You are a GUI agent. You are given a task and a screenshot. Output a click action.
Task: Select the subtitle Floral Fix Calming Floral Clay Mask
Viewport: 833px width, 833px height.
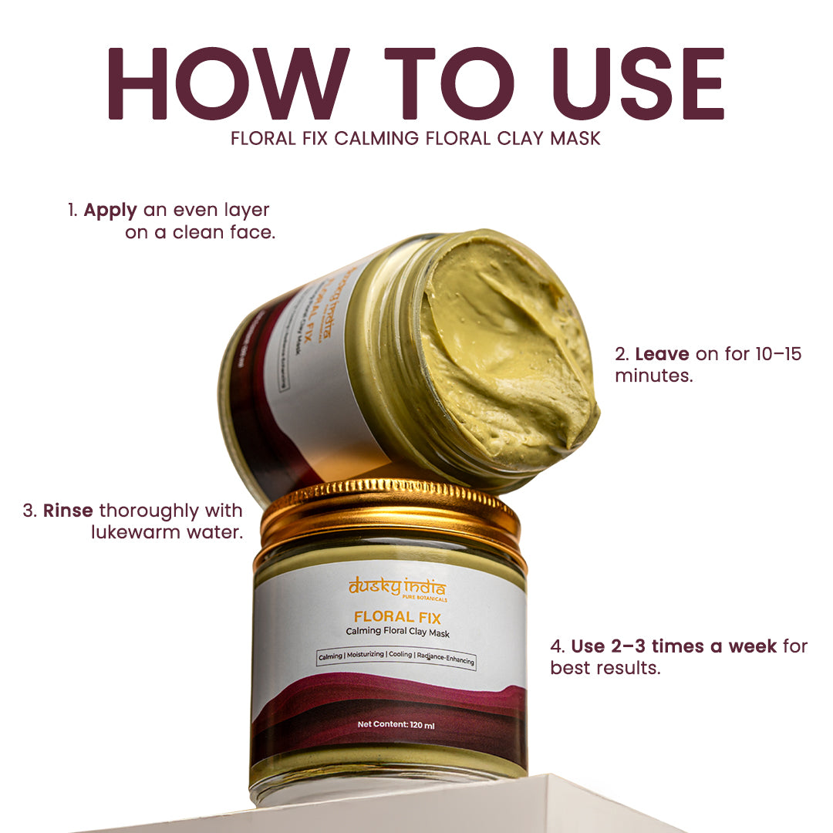pos(416,140)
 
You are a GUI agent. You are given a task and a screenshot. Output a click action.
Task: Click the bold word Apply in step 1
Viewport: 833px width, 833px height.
pos(111,210)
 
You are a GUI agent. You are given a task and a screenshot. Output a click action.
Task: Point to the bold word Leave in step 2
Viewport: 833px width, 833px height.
pos(662,355)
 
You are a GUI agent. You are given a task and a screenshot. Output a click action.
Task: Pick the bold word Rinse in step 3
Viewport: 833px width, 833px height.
pos(69,511)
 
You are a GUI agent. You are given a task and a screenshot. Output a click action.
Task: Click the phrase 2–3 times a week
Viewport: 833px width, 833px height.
pos(674,646)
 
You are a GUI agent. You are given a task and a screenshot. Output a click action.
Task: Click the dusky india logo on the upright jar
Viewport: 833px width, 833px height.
pos(396,588)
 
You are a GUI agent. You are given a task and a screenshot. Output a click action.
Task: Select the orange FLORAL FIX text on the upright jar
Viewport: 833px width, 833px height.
pos(397,617)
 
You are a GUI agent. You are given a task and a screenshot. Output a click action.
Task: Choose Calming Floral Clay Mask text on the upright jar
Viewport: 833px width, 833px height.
pos(397,633)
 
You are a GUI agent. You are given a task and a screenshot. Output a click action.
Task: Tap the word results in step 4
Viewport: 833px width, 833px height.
pos(628,668)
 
